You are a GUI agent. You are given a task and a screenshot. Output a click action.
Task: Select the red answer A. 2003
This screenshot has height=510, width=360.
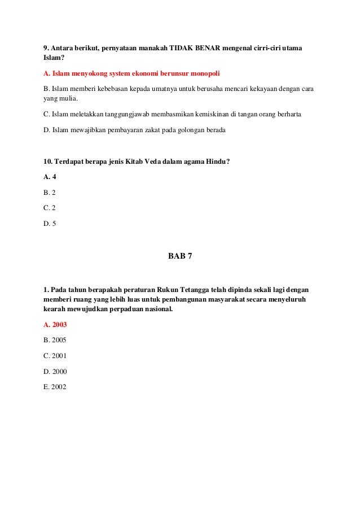(55, 325)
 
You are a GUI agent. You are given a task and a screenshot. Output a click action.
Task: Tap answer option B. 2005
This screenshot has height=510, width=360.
(55, 341)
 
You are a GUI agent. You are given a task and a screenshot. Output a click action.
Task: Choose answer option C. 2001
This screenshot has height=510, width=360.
(55, 356)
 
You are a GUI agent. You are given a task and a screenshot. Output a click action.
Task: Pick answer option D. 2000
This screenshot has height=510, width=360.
(55, 372)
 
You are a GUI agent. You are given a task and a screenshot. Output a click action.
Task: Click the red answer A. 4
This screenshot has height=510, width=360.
(50, 177)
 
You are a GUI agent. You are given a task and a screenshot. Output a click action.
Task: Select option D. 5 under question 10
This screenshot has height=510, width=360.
(50, 223)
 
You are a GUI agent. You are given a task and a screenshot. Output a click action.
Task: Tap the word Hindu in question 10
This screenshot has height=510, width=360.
(214, 161)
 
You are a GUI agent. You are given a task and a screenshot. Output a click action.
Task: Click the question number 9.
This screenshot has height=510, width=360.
(46, 48)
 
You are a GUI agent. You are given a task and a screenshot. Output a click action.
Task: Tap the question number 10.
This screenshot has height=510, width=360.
(48, 161)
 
